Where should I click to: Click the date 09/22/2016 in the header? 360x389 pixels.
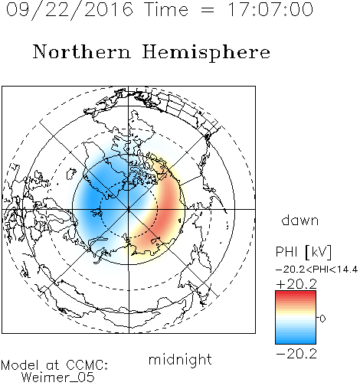(x=70, y=10)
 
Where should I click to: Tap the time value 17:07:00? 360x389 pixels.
(x=270, y=9)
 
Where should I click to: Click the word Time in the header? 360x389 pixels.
(x=166, y=9)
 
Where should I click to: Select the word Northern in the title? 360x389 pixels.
(x=82, y=51)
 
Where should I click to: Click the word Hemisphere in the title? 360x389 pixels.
(x=206, y=53)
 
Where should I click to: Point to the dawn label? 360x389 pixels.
(x=300, y=220)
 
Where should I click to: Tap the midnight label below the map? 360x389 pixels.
(x=180, y=359)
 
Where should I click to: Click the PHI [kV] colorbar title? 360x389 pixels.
(x=303, y=252)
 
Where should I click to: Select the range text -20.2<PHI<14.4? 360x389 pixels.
(x=316, y=270)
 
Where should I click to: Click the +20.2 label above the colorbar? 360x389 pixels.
(x=296, y=284)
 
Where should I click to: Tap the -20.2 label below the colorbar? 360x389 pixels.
(x=296, y=354)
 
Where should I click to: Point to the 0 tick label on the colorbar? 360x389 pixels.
(x=322, y=319)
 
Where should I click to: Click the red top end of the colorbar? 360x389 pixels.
(x=296, y=293)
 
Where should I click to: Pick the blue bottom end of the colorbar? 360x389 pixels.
(x=296, y=342)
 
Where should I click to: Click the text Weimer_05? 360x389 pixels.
(x=58, y=377)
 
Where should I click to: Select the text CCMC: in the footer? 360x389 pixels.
(x=87, y=365)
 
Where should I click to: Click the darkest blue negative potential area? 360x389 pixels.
(x=93, y=199)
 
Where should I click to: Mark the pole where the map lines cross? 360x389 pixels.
(x=129, y=209)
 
